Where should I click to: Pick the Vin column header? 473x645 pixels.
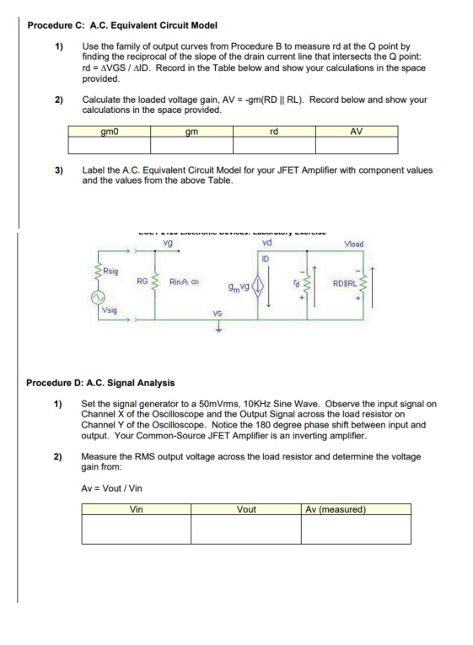click(x=136, y=509)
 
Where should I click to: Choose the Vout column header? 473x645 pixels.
click(x=246, y=509)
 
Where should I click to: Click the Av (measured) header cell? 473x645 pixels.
click(x=336, y=509)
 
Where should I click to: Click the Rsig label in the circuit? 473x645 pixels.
click(x=110, y=271)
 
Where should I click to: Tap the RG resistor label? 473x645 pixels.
click(x=142, y=281)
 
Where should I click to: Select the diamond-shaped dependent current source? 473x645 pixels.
click(x=258, y=285)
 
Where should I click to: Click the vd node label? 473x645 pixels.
click(x=267, y=245)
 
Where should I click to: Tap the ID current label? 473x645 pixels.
click(x=265, y=259)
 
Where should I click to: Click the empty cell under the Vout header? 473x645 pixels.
click(x=246, y=529)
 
